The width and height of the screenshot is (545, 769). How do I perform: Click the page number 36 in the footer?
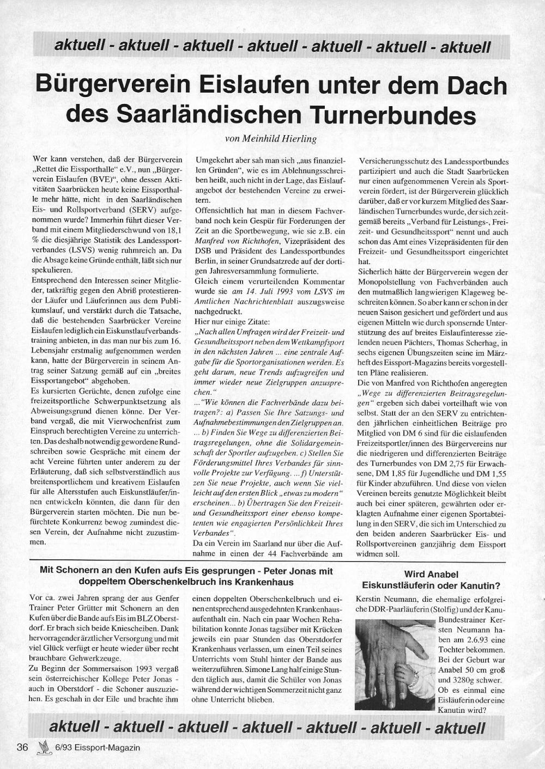coord(22,747)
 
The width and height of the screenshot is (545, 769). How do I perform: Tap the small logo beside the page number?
coord(43,747)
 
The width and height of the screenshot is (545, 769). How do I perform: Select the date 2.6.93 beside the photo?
coord(473,640)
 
